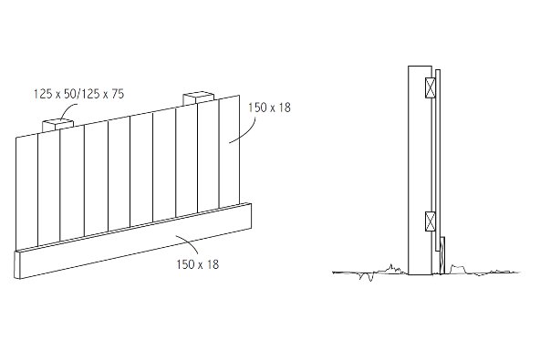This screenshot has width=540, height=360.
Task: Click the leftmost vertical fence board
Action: click(x=27, y=191)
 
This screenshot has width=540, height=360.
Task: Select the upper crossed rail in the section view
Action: click(x=430, y=88)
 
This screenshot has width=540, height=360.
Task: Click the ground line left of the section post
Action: click(x=365, y=272)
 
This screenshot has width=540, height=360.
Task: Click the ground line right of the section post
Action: click(x=483, y=271)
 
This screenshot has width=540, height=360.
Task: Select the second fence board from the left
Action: click(x=49, y=187)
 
